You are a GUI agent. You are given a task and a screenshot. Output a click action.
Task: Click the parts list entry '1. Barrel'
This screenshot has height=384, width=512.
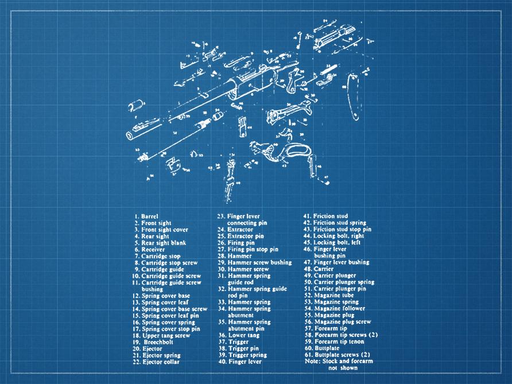pyautogui.click(x=148, y=216)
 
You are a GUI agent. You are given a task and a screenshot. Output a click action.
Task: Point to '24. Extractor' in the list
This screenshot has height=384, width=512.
pyautogui.click(x=235, y=229)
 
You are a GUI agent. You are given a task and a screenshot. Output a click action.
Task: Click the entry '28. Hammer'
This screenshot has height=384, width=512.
pyautogui.click(x=234, y=256)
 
